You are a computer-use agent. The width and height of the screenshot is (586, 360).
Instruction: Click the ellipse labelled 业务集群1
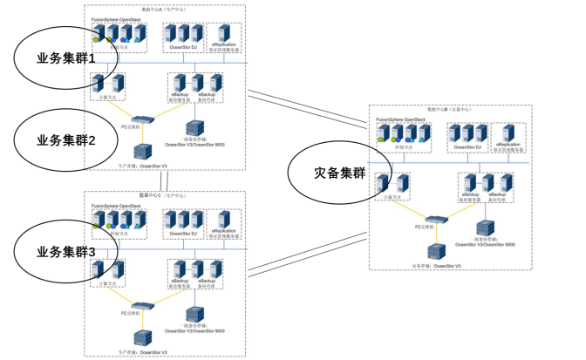click(x=65, y=58)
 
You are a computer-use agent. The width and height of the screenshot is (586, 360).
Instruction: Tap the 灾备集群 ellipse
click(x=339, y=172)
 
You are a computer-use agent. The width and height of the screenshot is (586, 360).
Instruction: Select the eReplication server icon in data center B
click(x=510, y=132)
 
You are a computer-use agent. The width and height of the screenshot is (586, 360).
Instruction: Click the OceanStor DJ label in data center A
click(x=182, y=47)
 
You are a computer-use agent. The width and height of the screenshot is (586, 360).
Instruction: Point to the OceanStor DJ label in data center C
click(x=182, y=233)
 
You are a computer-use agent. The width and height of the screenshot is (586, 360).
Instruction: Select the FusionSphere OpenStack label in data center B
click(x=400, y=118)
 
